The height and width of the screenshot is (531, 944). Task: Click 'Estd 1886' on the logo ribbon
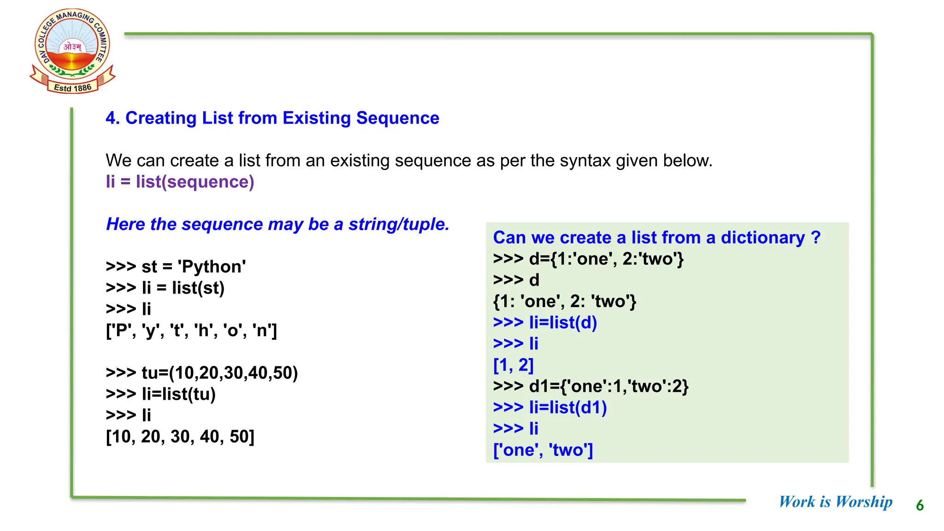(x=72, y=88)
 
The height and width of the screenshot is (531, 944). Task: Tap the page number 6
(x=920, y=506)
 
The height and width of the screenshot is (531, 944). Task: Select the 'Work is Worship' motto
(x=835, y=501)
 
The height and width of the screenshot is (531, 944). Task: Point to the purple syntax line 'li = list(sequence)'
(x=180, y=182)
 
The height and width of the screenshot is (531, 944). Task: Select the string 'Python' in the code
(x=212, y=267)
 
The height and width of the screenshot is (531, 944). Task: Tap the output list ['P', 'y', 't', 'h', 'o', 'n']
(x=191, y=330)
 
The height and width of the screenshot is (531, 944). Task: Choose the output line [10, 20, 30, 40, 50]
(x=180, y=437)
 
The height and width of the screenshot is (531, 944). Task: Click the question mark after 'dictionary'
(x=815, y=238)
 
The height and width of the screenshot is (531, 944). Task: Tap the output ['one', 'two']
(x=543, y=450)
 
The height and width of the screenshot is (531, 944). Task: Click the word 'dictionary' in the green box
(x=762, y=238)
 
